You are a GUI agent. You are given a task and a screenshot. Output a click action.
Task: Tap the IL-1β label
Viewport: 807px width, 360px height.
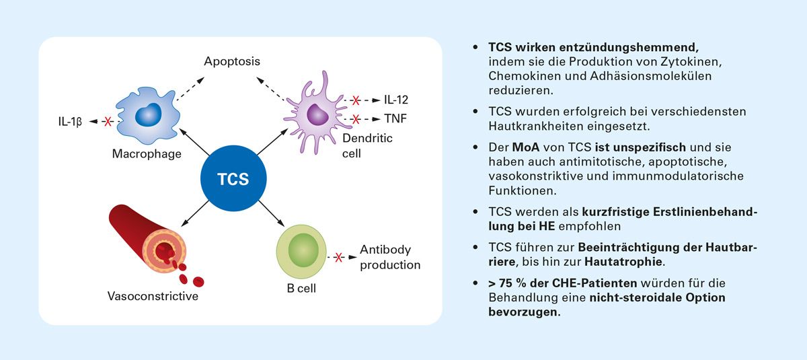coord(69,122)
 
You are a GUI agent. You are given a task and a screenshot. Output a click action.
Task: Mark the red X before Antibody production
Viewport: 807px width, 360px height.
coord(339,257)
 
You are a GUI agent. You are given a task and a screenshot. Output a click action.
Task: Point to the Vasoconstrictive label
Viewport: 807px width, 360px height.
coord(153,296)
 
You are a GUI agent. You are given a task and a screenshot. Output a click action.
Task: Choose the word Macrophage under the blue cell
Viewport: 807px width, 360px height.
coord(147,155)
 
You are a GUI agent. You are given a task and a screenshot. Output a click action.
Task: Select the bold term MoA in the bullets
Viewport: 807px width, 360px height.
coord(526,147)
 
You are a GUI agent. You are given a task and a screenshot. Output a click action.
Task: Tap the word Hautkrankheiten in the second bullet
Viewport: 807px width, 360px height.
coord(523,124)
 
